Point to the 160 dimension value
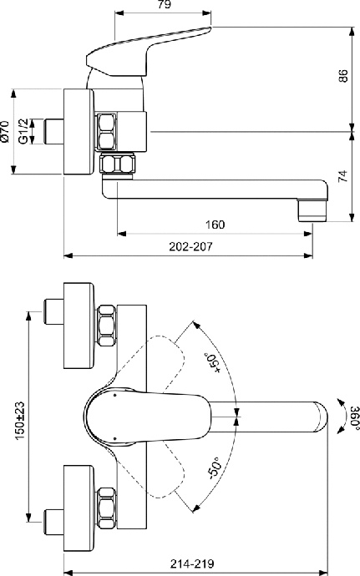tap(215, 225)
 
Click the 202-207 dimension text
tap(190, 246)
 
